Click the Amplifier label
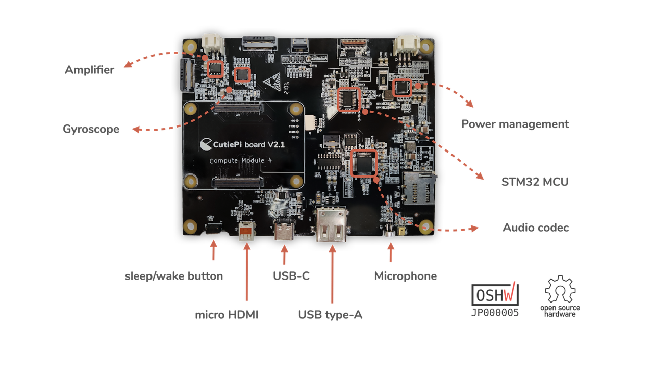click(x=89, y=70)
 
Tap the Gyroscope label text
click(x=91, y=129)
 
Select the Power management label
click(x=515, y=124)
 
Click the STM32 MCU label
click(x=535, y=181)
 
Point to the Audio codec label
click(x=536, y=228)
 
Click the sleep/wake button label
click(x=174, y=276)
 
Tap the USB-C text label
click(x=291, y=276)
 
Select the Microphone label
click(x=406, y=276)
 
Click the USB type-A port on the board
click(x=332, y=226)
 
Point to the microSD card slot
click(x=420, y=188)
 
